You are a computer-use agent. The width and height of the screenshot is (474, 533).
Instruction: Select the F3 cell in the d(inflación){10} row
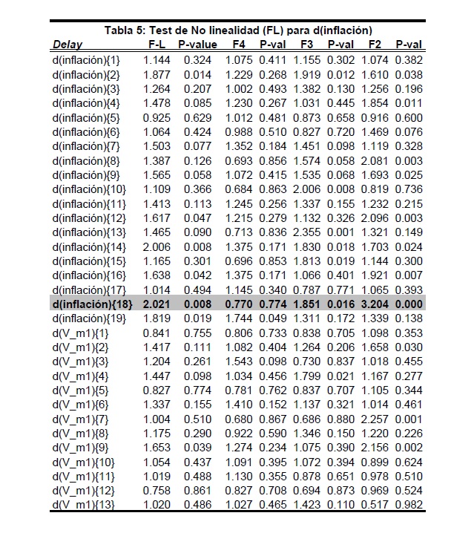(306, 189)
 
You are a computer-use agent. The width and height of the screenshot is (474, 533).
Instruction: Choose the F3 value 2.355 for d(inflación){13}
(306, 232)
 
